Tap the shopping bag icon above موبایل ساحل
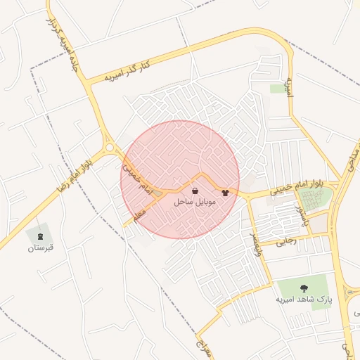pos(195,191)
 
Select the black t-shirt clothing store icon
pos(225,191)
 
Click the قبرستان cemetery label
pos(41,248)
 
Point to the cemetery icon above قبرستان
pos(39,235)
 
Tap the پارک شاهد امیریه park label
pos(304,300)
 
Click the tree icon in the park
pos(304,288)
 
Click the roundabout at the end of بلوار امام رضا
pos(110,148)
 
